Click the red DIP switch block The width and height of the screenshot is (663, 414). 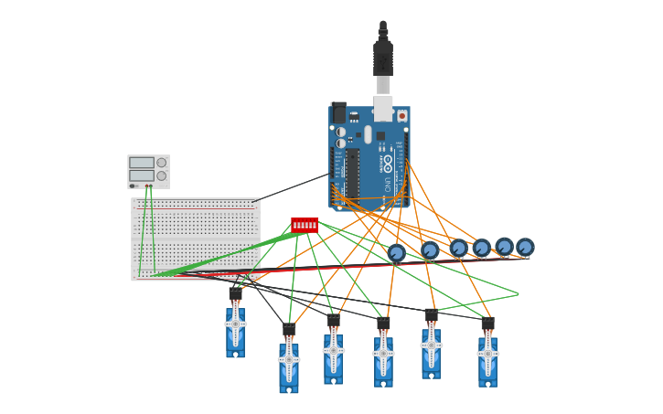point(305,225)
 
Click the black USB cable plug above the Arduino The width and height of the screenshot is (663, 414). point(383,57)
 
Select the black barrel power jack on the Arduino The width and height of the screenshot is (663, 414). point(338,112)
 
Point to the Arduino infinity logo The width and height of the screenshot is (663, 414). point(388,164)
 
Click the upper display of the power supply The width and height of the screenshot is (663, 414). point(142,163)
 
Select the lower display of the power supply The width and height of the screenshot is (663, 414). point(142,175)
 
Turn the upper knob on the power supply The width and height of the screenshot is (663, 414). point(162,163)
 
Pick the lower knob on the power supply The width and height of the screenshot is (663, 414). point(162,175)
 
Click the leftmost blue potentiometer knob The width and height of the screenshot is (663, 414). point(396,253)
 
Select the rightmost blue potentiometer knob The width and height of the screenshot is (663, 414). point(525,247)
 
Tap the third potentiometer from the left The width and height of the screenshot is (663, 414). point(458,248)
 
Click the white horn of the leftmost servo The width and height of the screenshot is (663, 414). point(235,324)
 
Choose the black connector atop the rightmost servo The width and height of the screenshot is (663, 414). point(487,324)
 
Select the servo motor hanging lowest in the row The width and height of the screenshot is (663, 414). point(289,367)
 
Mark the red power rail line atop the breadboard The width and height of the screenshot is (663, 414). point(196,207)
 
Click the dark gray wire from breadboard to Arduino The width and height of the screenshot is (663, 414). point(291,187)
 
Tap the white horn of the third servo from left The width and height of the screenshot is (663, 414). point(334,350)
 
